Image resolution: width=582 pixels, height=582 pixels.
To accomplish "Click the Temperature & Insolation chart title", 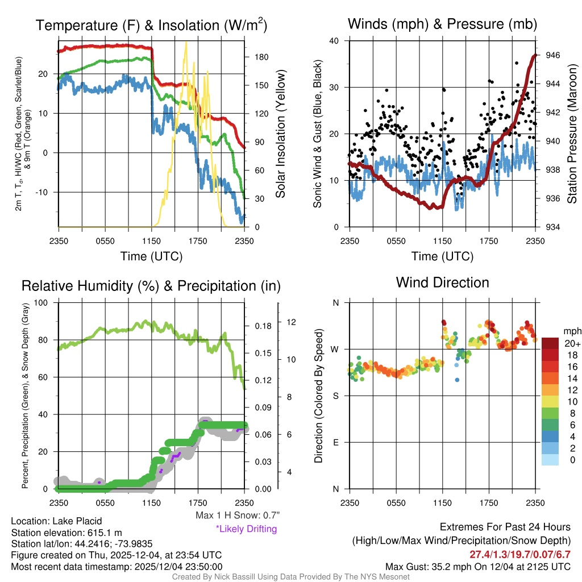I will pos(151,26).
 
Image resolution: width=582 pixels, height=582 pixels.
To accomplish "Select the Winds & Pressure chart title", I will pos(442,24).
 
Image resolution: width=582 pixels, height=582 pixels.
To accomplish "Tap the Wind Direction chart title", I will pos(442,282).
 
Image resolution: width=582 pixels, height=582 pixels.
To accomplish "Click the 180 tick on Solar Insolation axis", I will pos(261,57).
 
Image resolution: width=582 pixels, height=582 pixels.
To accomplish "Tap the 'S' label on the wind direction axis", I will pos(336,396).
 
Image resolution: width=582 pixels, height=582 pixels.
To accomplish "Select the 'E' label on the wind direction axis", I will pos(336,442).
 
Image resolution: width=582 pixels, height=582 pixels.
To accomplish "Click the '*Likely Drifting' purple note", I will pos(246,529).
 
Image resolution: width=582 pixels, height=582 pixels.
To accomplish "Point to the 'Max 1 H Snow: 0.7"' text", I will pos(237,516).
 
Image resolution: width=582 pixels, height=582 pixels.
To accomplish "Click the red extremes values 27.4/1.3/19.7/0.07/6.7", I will pos(519,554).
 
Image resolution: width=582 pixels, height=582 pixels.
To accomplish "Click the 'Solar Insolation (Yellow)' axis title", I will pos(280,134).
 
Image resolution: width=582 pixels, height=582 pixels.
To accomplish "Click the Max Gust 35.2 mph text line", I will pos(477,566).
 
